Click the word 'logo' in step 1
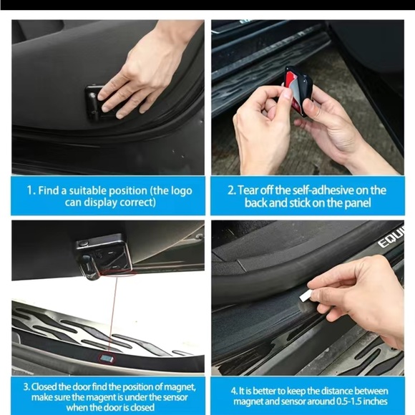click(178, 190)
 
